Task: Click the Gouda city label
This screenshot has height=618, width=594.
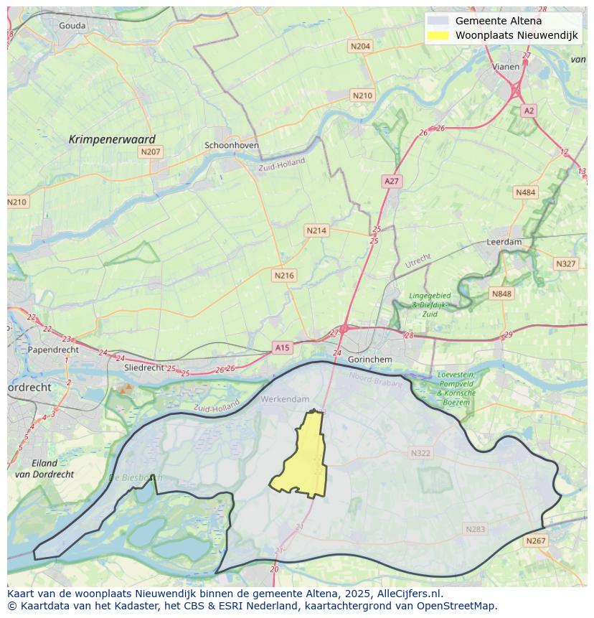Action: tap(72, 26)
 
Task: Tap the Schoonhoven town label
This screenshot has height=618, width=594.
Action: tap(232, 145)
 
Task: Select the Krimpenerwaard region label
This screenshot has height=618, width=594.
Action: tap(112, 139)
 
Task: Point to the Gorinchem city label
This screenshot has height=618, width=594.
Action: tap(369, 359)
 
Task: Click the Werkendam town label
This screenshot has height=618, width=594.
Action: tap(285, 399)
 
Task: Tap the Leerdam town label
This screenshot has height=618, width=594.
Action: tap(504, 242)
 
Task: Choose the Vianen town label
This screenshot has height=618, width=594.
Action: tap(506, 67)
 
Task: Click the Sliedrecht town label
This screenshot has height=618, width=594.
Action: tap(144, 367)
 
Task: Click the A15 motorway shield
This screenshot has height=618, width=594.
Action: tap(282, 348)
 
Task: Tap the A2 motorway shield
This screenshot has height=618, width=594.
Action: tap(529, 111)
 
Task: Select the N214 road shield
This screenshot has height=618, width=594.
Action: tap(316, 230)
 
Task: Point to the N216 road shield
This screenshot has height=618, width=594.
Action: tap(284, 275)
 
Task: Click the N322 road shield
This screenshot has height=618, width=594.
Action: tap(420, 453)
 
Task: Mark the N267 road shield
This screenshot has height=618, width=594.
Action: tap(535, 541)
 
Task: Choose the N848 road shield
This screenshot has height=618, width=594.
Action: tap(501, 294)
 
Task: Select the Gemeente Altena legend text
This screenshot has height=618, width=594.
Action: tap(499, 21)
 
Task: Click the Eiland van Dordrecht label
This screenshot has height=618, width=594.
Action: tap(44, 469)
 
